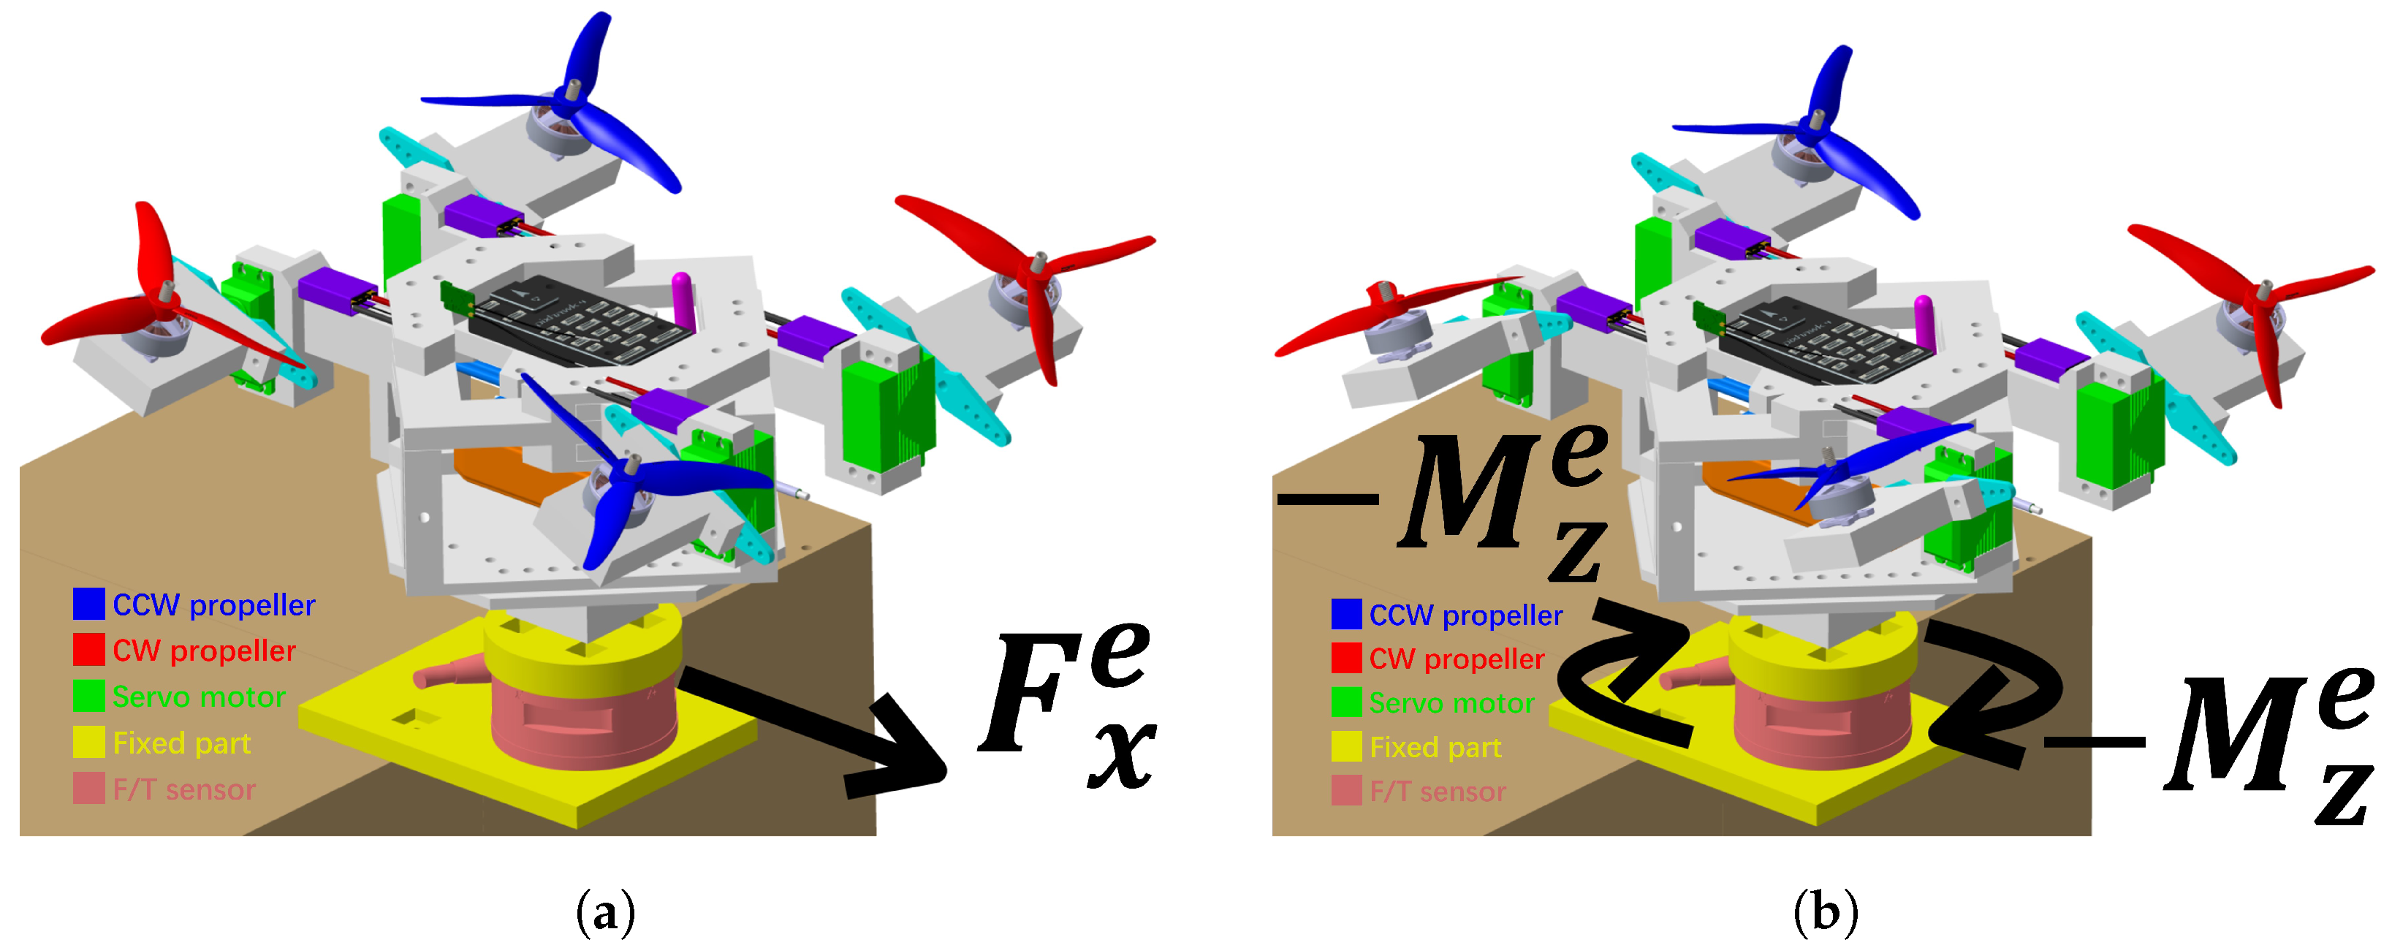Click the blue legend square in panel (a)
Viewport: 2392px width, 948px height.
(89, 604)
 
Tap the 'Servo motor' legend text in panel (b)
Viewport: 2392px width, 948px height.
(1451, 703)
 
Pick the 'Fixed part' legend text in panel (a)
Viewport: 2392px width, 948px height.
(181, 743)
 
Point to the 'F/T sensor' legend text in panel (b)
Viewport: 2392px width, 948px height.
(1438, 791)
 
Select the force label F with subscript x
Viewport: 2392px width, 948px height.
(1068, 705)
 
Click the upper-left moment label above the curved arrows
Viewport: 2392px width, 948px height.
(1458, 501)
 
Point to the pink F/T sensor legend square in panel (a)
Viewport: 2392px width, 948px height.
(89, 789)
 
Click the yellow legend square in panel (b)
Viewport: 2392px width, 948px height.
(1346, 746)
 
